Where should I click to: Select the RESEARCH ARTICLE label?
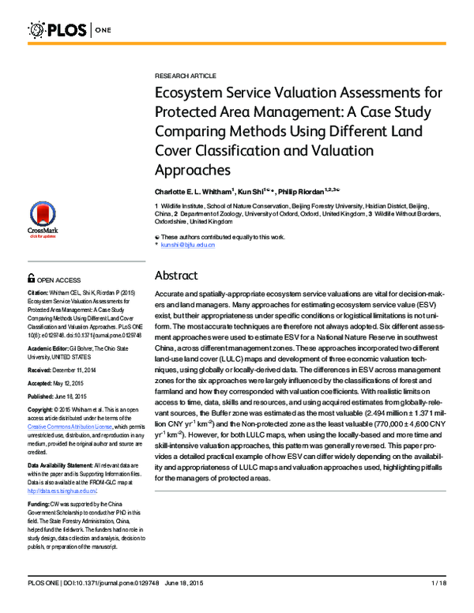tap(185, 75)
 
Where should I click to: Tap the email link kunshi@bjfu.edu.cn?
tap(188, 246)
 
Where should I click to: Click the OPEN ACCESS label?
tap(58, 280)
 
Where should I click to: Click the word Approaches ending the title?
tap(192, 169)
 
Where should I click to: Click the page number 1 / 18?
tap(439, 605)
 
